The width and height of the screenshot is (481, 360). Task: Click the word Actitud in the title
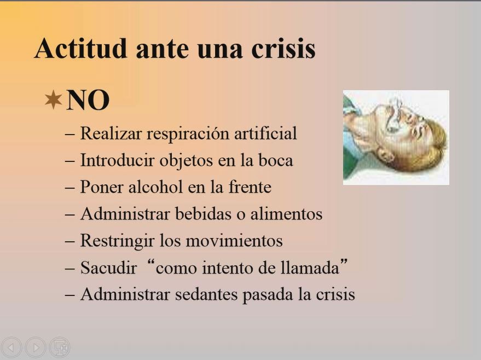pyautogui.click(x=80, y=48)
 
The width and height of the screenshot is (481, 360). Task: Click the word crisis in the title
pyautogui.click(x=283, y=48)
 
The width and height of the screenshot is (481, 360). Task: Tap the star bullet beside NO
pyautogui.click(x=53, y=100)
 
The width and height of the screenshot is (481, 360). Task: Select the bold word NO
pyautogui.click(x=88, y=100)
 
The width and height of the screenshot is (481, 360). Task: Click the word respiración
pyautogui.click(x=188, y=133)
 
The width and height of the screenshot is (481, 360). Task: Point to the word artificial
pyautogui.click(x=265, y=133)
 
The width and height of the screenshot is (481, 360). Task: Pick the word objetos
pyautogui.click(x=186, y=161)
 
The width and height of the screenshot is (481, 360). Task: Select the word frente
pyautogui.click(x=250, y=187)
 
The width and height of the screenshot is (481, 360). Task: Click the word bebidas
pyautogui.click(x=203, y=213)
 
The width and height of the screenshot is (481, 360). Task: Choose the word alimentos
pyautogui.click(x=286, y=213)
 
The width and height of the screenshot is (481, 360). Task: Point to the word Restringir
pyautogui.click(x=117, y=241)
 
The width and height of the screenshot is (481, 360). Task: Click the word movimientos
pyautogui.click(x=234, y=240)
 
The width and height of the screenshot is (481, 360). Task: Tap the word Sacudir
pyautogui.click(x=108, y=268)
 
